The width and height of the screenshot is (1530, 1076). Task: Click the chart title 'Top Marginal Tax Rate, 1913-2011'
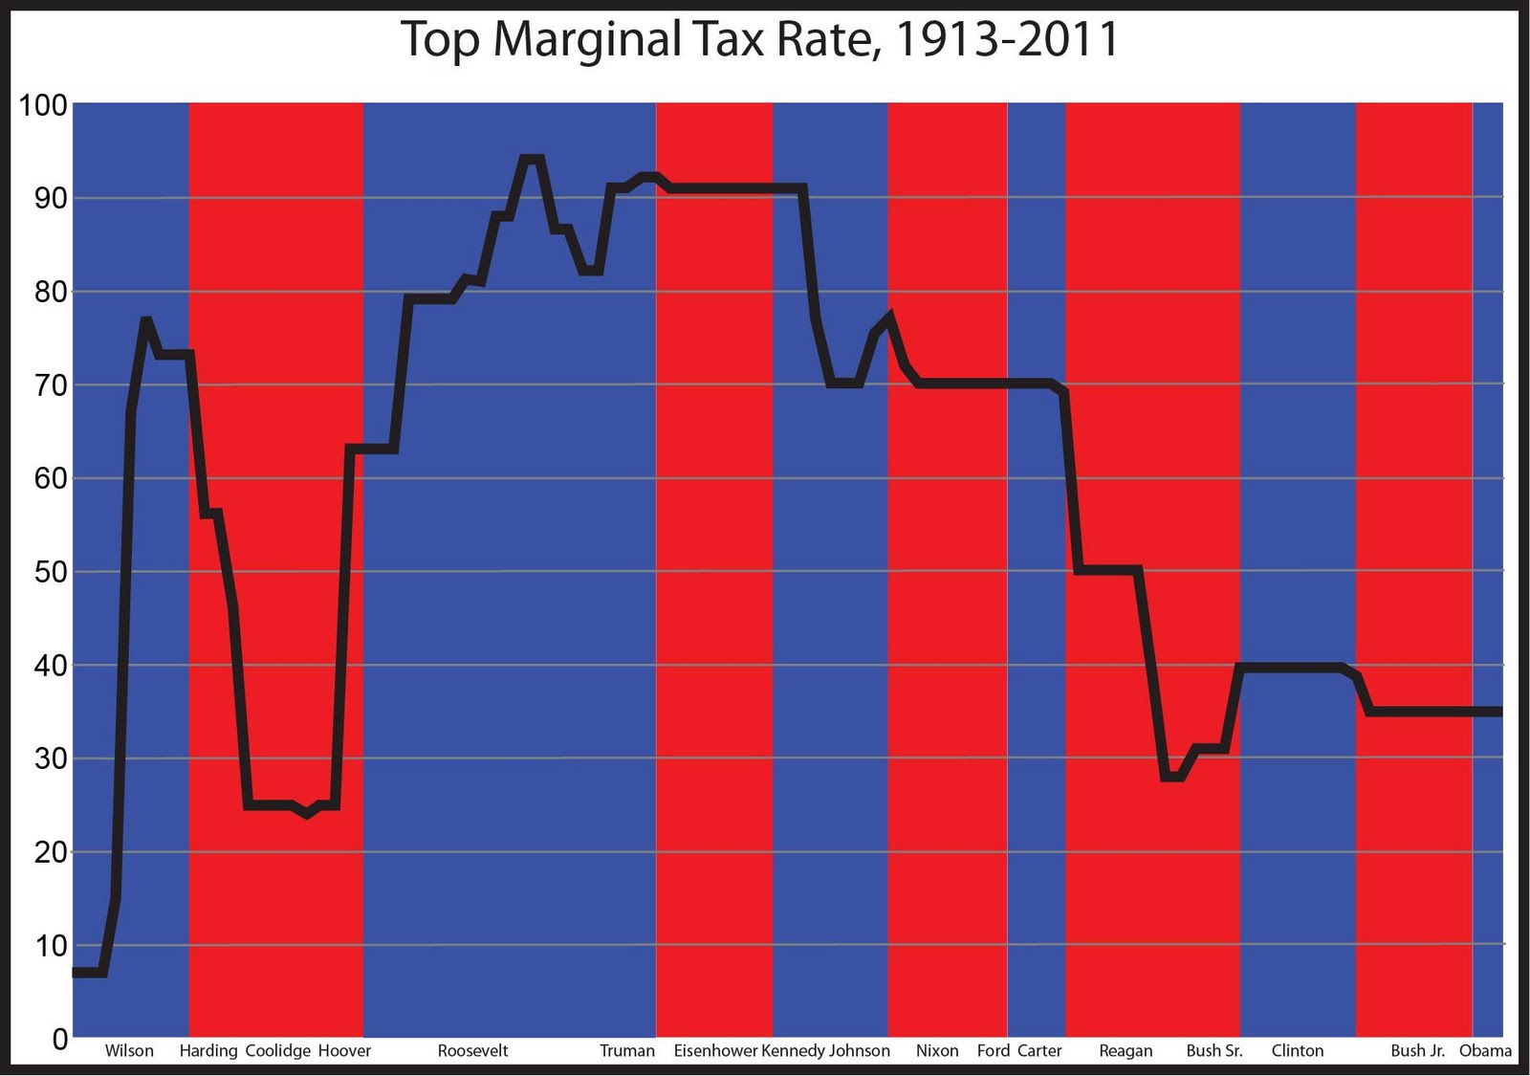(759, 40)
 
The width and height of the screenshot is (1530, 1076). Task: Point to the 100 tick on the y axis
(44, 105)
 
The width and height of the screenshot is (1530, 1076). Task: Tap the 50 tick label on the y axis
(51, 572)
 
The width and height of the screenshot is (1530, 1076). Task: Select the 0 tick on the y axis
(60, 1039)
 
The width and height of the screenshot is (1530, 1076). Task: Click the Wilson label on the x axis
(129, 1050)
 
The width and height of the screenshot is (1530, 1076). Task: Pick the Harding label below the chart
(208, 1050)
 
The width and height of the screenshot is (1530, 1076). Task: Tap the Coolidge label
(278, 1050)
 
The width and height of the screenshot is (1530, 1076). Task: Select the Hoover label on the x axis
(344, 1050)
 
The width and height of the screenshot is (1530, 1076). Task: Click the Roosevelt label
(472, 1050)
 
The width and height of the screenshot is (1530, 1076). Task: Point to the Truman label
(627, 1050)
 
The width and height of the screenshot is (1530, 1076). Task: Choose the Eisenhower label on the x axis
(715, 1050)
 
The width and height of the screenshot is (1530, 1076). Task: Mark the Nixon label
(937, 1050)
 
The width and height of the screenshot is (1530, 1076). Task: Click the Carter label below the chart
(1039, 1050)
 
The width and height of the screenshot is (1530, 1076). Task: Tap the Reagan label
(1126, 1050)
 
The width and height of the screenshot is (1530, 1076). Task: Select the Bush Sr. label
(1214, 1050)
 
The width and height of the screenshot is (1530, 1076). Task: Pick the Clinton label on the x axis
(1298, 1050)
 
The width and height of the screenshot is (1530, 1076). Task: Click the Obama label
(1485, 1050)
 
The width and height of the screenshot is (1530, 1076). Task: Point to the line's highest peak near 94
(532, 158)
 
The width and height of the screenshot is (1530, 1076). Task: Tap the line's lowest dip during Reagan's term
(1173, 778)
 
